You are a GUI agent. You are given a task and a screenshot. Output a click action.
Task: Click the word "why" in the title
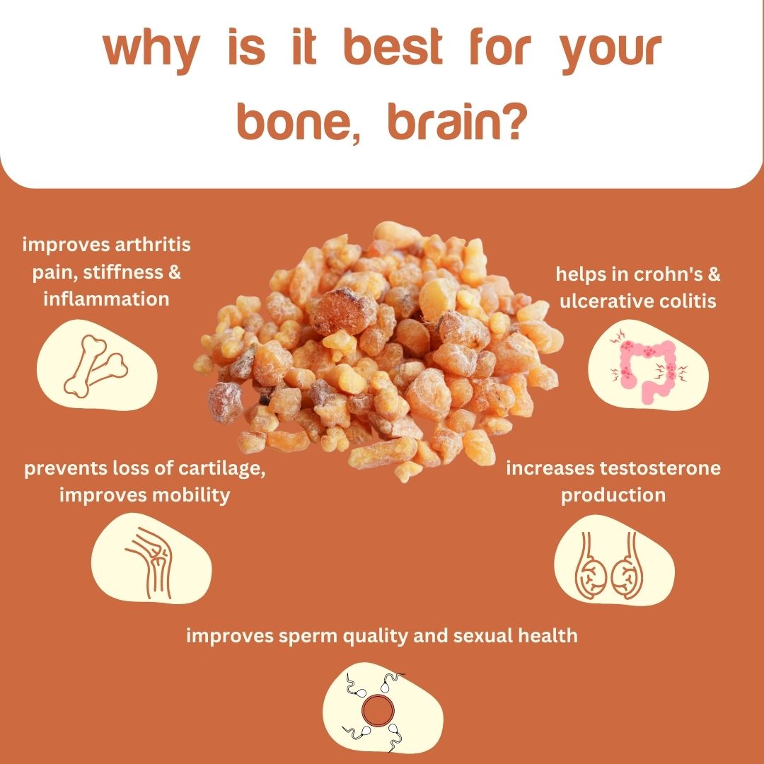(151, 52)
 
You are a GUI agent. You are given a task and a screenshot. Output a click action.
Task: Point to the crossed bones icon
(95, 365)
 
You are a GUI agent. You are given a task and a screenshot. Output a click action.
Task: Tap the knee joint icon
(151, 563)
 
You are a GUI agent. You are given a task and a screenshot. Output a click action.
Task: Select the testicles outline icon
(609, 565)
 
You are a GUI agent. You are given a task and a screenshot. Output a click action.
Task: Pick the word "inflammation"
(106, 299)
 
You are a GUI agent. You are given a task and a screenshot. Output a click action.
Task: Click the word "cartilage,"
(221, 469)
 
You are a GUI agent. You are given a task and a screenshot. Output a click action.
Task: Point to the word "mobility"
(191, 495)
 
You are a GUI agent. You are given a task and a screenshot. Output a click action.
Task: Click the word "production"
(613, 495)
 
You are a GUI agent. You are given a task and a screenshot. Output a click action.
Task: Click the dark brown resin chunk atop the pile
(342, 311)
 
